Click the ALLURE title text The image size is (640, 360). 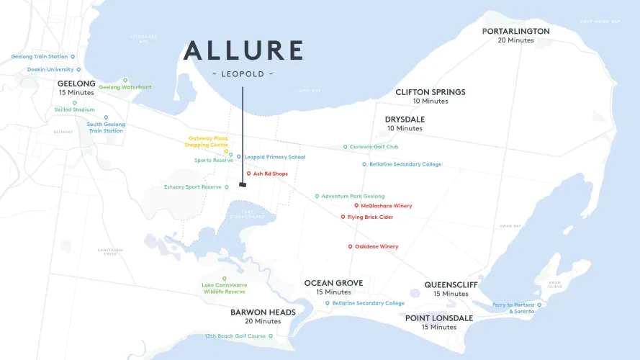(x=243, y=51)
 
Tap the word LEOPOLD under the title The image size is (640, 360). (x=243, y=74)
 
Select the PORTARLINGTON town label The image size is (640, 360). (x=515, y=32)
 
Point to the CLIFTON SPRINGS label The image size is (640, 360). (x=431, y=92)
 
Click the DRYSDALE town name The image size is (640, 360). (x=405, y=120)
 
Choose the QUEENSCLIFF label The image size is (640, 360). (x=451, y=285)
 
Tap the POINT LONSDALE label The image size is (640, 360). (x=439, y=318)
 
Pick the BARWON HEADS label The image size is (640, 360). (x=263, y=312)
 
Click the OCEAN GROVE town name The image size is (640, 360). (x=333, y=283)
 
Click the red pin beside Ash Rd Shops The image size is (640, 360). (x=248, y=174)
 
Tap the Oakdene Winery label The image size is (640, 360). (x=377, y=247)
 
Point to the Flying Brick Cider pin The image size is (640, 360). (x=343, y=217)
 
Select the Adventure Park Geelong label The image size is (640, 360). (x=353, y=197)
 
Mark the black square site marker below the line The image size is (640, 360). (x=243, y=185)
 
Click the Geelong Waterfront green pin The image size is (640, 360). (x=125, y=80)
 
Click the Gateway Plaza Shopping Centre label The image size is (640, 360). (x=209, y=141)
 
